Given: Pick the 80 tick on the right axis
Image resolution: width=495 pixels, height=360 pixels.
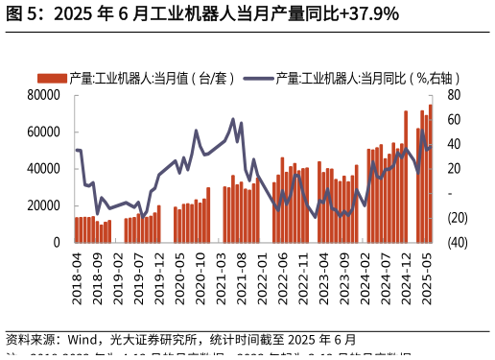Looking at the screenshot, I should (454, 95).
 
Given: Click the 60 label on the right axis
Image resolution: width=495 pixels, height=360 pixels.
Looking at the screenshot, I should (454, 120).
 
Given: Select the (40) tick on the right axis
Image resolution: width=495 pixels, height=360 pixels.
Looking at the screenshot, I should (458, 243).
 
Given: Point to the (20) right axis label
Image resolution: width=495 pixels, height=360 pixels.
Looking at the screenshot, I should (458, 218).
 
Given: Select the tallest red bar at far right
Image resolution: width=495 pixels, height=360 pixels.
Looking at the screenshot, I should (431, 173).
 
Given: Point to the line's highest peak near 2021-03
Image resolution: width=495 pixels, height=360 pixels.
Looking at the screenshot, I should (233, 120).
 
